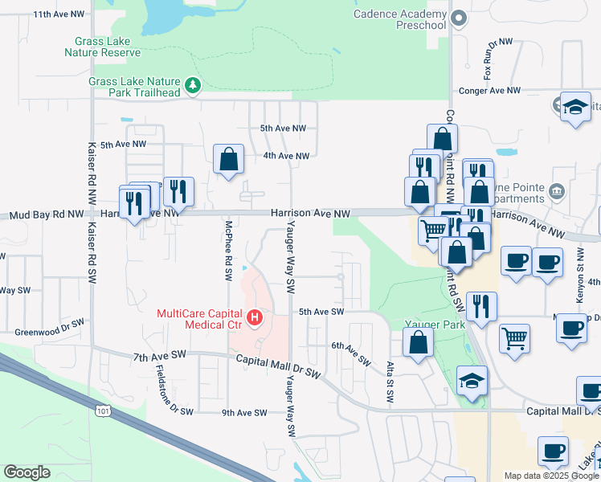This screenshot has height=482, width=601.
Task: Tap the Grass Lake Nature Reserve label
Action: [x=107, y=47]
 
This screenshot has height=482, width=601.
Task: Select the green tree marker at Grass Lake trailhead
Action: [x=192, y=84]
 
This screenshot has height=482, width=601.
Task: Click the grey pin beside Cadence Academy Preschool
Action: [x=459, y=18]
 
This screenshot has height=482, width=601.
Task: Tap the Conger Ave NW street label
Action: [x=489, y=92]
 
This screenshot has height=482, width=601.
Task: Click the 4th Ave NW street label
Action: [x=286, y=156]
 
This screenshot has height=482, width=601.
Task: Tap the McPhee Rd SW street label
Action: [x=228, y=251]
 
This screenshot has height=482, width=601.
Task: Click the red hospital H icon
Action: [x=255, y=318]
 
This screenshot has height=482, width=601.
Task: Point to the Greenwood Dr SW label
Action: [x=49, y=329]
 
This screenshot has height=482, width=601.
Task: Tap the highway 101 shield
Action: [x=97, y=411]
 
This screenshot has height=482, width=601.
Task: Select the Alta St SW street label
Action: [x=389, y=370]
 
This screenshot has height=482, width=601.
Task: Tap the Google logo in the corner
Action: [x=27, y=472]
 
